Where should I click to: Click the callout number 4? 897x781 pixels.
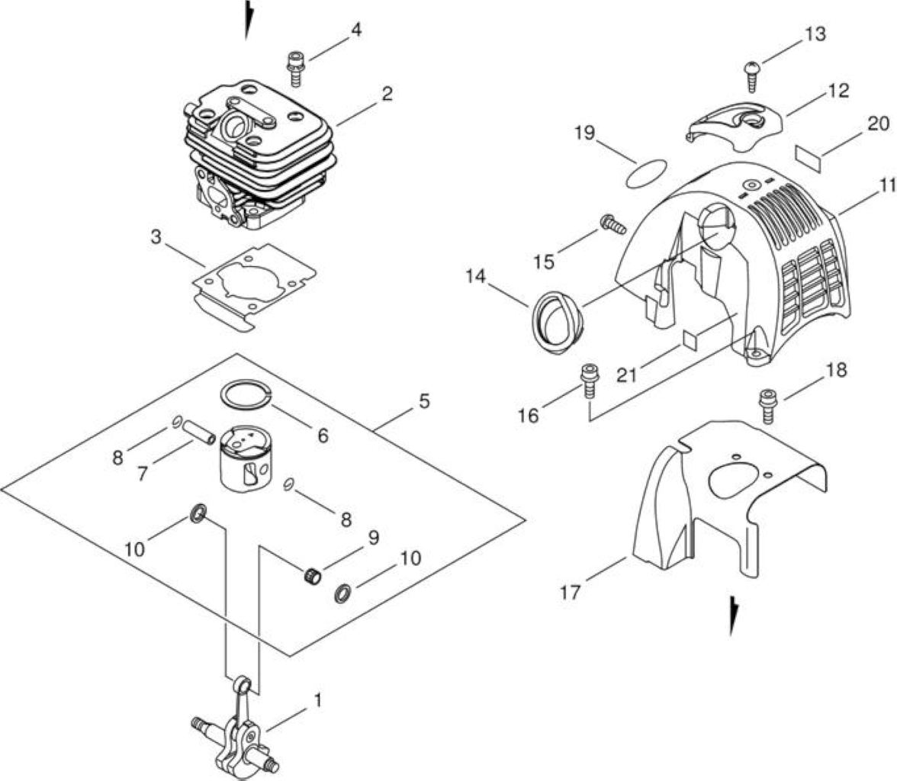tap(355, 30)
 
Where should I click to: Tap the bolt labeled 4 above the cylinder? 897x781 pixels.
tap(295, 69)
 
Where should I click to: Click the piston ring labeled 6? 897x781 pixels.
tap(247, 395)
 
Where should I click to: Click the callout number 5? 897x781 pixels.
tap(423, 401)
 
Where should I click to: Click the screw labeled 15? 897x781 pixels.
tap(612, 223)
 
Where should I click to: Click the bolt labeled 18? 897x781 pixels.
tap(767, 406)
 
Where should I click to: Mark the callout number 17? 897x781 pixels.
tap(570, 592)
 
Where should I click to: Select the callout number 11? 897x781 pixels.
tap(886, 185)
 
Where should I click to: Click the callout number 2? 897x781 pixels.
tap(387, 93)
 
